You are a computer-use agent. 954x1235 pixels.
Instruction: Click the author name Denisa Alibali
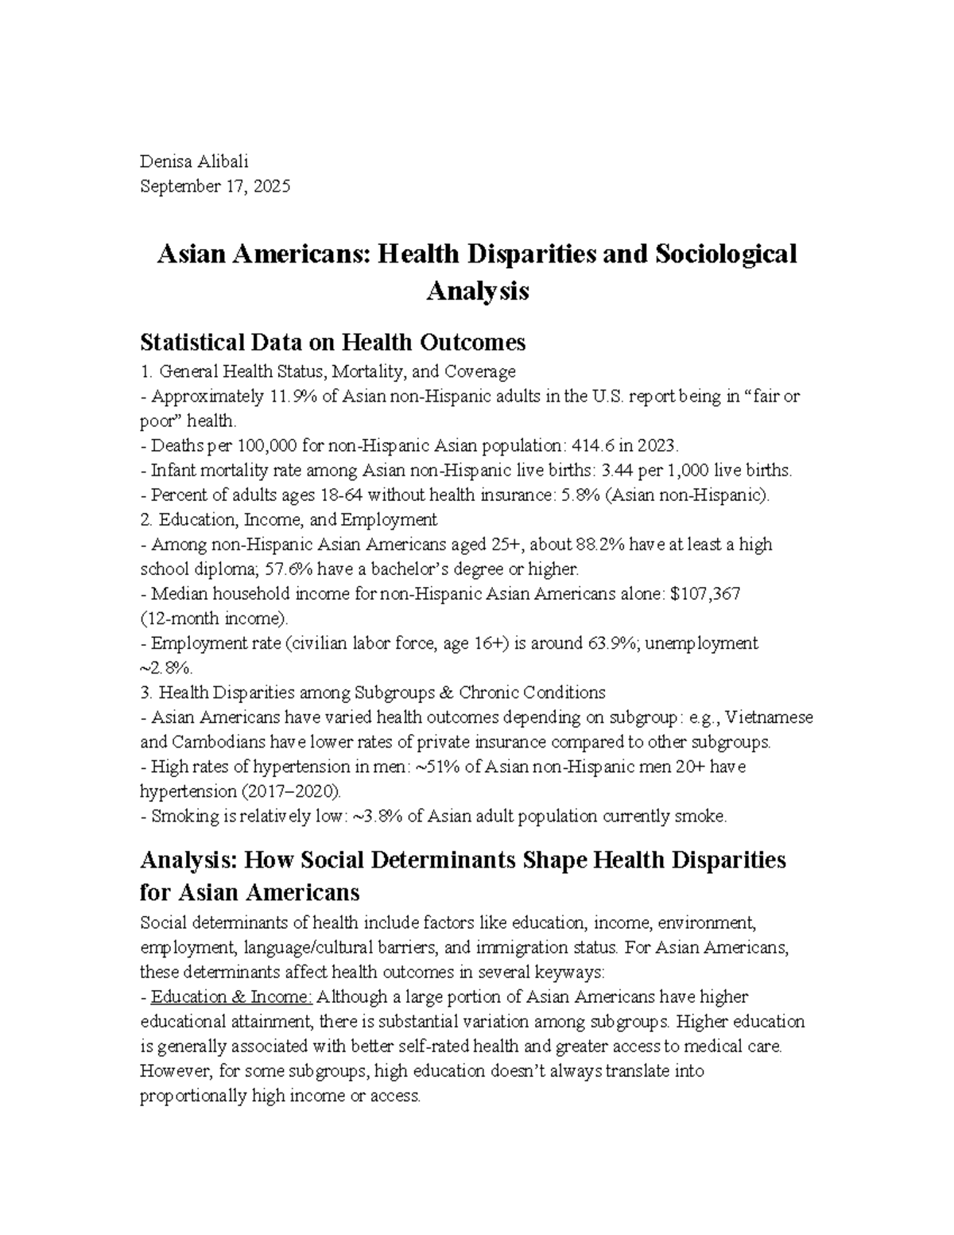tap(194, 161)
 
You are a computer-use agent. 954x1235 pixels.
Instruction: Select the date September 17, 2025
tap(215, 187)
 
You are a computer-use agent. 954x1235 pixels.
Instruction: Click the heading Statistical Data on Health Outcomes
tap(332, 342)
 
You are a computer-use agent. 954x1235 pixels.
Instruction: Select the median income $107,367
tap(705, 594)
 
